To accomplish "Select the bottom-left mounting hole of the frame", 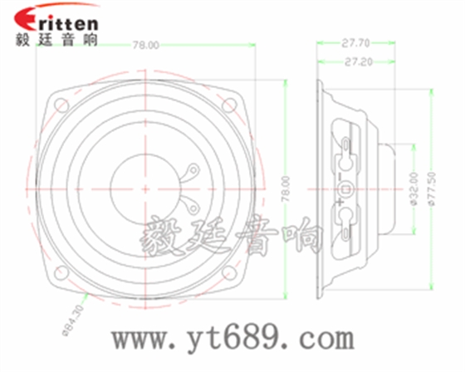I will click(x=61, y=272).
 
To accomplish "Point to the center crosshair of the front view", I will click(x=146, y=188).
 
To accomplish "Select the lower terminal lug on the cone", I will click(x=189, y=204).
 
